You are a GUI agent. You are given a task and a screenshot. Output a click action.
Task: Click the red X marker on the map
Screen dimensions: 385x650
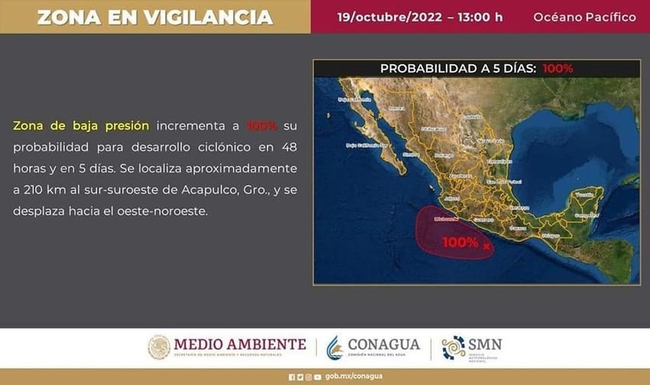(x=487, y=247)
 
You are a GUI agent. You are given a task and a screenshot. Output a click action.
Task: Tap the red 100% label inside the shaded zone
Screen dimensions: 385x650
(x=460, y=243)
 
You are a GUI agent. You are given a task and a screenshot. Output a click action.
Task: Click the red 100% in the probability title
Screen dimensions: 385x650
(x=558, y=69)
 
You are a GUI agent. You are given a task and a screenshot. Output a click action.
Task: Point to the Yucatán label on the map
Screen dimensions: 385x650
(x=584, y=196)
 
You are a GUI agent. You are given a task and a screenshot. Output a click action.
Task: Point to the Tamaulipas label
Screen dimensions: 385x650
(x=499, y=162)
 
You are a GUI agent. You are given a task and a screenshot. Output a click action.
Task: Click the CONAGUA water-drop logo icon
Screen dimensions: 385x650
(x=336, y=348)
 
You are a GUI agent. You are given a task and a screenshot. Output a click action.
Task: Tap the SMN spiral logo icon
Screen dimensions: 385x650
(x=454, y=348)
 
